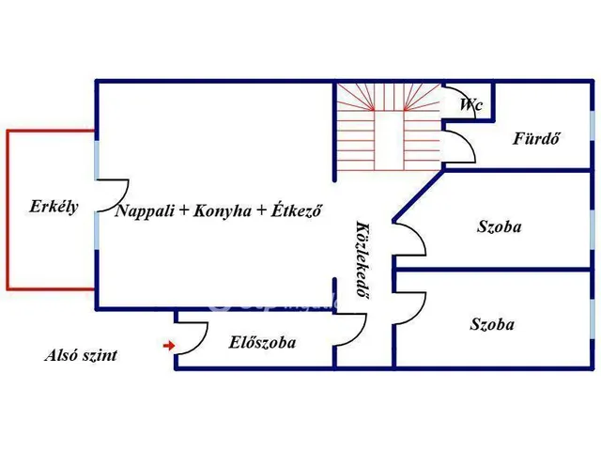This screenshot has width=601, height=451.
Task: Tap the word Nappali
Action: (146, 211)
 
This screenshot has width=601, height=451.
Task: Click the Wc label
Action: (470, 105)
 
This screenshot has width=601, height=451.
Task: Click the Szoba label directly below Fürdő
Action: (500, 226)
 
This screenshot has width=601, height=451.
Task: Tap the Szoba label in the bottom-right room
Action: (492, 324)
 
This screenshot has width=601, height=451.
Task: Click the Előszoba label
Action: (263, 343)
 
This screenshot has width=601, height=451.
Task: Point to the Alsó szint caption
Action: (82, 355)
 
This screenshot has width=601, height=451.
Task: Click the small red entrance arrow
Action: (169, 346)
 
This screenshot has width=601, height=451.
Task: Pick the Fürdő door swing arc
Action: (459, 144)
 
